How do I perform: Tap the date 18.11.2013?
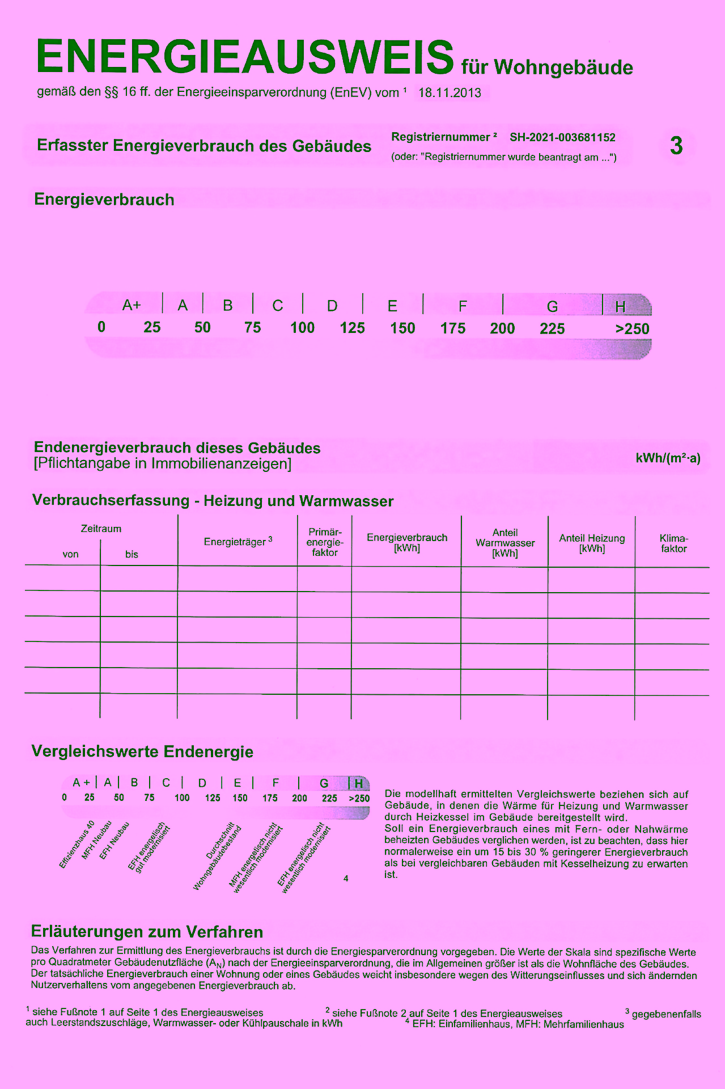pyautogui.click(x=450, y=93)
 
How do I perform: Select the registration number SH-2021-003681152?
pyautogui.click(x=562, y=137)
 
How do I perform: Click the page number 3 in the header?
pyautogui.click(x=676, y=146)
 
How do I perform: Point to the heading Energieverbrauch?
pyautogui.click(x=104, y=200)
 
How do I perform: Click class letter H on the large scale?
pyautogui.click(x=621, y=307)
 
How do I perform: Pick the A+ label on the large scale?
pyautogui.click(x=132, y=306)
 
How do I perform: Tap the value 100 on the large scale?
pyautogui.click(x=302, y=328)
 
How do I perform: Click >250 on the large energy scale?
pyautogui.click(x=632, y=329)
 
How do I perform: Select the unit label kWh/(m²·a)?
pyautogui.click(x=668, y=458)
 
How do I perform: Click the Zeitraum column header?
pyautogui.click(x=101, y=529)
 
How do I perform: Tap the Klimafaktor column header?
pyautogui.click(x=673, y=543)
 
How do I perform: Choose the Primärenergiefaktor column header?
pyautogui.click(x=325, y=542)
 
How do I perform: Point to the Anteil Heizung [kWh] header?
pyautogui.click(x=592, y=543)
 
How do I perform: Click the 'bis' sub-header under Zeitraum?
pyautogui.click(x=132, y=555)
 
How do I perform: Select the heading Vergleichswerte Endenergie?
pyautogui.click(x=142, y=752)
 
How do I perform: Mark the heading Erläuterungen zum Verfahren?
pyautogui.click(x=147, y=932)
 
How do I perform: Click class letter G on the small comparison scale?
pyautogui.click(x=324, y=783)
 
